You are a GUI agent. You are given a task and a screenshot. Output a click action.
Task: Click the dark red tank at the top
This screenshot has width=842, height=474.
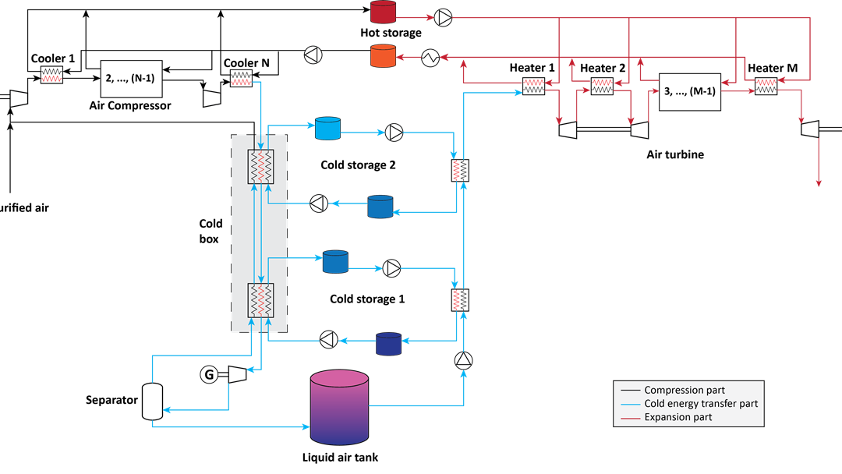pos(383,12)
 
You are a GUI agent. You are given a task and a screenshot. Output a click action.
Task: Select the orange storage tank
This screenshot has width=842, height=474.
pos(383,56)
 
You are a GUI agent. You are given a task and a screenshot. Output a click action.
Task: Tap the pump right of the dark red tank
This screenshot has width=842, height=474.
pos(443,17)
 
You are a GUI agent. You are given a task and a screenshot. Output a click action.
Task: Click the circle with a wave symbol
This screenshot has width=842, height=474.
pos(430,57)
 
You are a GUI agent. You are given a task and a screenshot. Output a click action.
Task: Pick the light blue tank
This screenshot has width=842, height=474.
pos(327,128)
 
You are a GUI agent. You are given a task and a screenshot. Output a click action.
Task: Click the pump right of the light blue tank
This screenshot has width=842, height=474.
pos(394,133)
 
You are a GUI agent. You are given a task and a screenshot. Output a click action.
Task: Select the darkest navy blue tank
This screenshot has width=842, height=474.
pos(388,344)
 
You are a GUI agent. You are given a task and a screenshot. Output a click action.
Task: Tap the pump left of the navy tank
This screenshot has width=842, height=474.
pos(329,339)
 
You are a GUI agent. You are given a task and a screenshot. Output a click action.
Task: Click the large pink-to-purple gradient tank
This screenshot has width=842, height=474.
pos(339,408)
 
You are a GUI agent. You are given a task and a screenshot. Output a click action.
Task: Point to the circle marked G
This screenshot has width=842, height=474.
pos(209,375)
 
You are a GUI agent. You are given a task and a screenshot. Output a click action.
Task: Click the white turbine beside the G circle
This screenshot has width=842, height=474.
pos(237,374)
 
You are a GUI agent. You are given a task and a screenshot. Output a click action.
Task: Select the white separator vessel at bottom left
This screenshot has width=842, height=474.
pos(152,401)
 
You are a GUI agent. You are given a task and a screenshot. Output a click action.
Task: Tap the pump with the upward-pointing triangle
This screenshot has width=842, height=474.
pos(463,359)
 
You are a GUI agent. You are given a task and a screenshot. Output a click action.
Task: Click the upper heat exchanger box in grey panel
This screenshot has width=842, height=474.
pos(260,167)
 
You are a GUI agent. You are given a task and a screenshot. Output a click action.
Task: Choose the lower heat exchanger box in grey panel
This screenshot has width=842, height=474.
pos(260,300)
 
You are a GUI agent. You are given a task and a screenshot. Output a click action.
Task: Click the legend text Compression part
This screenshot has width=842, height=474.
pos(684,390)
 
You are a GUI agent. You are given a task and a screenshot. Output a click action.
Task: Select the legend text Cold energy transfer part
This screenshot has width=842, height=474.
pos(700,404)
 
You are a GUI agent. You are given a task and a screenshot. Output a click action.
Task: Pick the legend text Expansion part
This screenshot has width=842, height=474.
pos(677,417)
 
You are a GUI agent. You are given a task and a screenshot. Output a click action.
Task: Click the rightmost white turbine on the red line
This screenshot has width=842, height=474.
pos(810,129)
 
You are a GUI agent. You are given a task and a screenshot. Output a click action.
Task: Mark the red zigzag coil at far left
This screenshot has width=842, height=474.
pos(51,79)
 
